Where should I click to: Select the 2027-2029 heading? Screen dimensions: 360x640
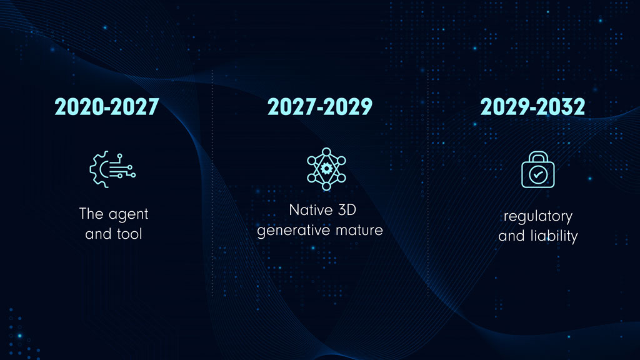click(x=320, y=107)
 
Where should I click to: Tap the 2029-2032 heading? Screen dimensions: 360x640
click(x=532, y=107)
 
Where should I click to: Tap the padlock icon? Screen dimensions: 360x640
click(x=537, y=170)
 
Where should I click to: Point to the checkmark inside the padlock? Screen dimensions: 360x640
click(x=537, y=176)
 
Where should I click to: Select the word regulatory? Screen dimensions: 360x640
click(x=538, y=216)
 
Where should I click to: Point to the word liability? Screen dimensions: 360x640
click(x=553, y=237)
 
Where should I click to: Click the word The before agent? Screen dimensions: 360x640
click(x=90, y=214)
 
